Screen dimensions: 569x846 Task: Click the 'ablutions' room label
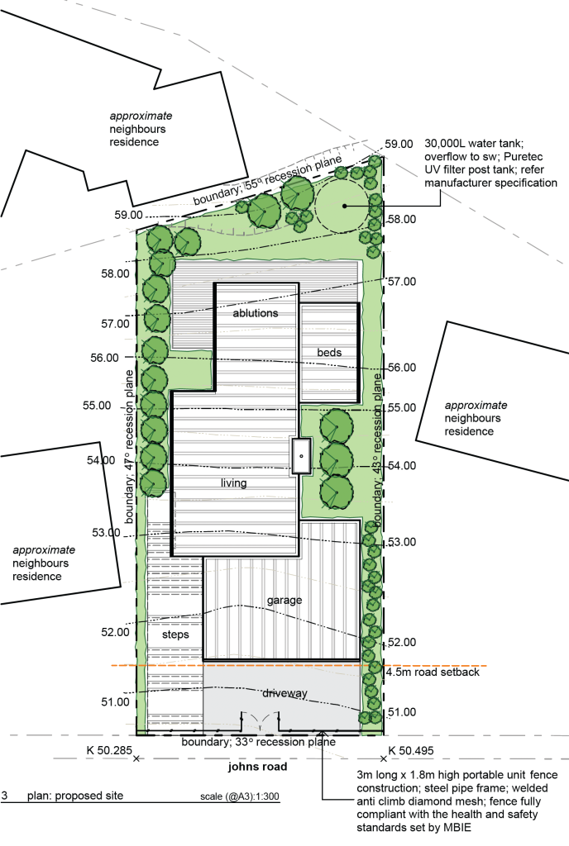click(256, 313)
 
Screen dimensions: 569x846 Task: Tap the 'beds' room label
click(329, 352)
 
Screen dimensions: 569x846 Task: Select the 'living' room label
click(234, 483)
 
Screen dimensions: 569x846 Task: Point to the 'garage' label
click(284, 601)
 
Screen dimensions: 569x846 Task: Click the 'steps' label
click(175, 634)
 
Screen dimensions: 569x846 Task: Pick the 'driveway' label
click(284, 693)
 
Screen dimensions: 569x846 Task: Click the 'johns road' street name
click(257, 767)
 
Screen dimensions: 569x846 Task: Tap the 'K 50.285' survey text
click(109, 750)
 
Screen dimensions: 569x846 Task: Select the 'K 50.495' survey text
click(411, 750)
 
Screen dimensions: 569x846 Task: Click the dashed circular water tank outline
click(316, 206)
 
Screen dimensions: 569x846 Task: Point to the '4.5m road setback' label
click(433, 673)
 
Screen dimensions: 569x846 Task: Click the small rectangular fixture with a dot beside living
click(301, 456)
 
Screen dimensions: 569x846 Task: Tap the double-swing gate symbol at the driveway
click(260, 720)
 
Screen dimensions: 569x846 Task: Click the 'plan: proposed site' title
click(75, 796)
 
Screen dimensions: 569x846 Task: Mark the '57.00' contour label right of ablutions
click(402, 282)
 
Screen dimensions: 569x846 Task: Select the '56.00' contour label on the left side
click(104, 358)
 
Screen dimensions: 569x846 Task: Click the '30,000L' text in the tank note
click(445, 144)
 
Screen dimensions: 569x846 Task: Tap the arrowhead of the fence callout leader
click(323, 733)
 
